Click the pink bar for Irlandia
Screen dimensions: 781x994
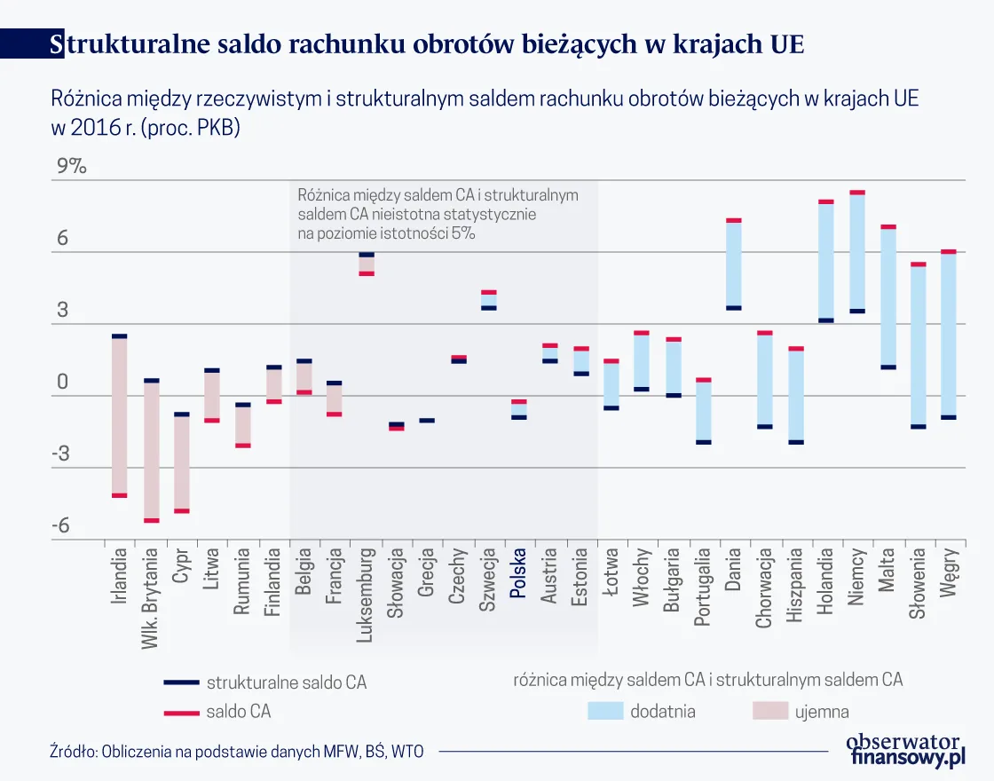point(119,415)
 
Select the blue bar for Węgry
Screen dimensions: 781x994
point(949,335)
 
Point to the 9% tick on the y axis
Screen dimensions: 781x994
point(68,167)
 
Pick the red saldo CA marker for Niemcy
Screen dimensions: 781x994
point(856,192)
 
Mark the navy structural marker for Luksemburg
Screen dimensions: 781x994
point(367,255)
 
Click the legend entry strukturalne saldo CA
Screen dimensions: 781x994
point(286,682)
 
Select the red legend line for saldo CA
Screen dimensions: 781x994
point(180,712)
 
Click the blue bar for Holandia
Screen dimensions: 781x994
point(826,261)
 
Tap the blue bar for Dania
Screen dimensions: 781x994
point(734,264)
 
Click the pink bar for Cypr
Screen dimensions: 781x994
point(181,462)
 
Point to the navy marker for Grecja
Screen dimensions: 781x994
point(427,421)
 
